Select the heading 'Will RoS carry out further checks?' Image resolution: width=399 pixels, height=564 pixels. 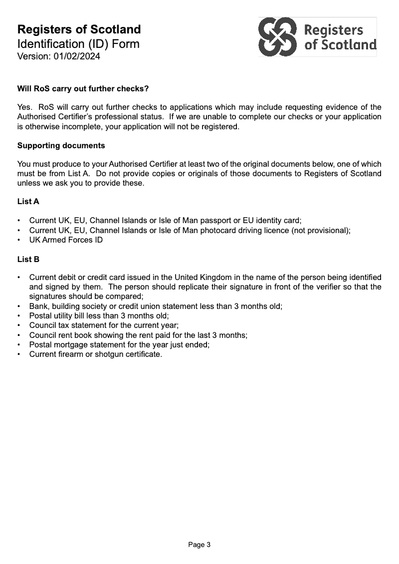pos(83,89)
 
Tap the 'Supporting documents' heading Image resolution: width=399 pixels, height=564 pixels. pos(61,146)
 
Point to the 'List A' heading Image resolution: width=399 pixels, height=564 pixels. pos(28,202)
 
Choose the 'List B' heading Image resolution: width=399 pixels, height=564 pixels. pos(28,260)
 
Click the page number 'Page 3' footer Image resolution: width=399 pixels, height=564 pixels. pos(199,545)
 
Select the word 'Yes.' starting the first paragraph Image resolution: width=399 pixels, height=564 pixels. pos(25,107)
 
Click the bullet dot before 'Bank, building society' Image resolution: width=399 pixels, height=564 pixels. pos(19,306)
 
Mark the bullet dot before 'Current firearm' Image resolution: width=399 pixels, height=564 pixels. pos(19,355)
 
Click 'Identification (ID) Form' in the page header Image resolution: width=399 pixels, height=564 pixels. pos(78,44)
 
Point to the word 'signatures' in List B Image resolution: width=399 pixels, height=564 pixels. pos(48,296)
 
